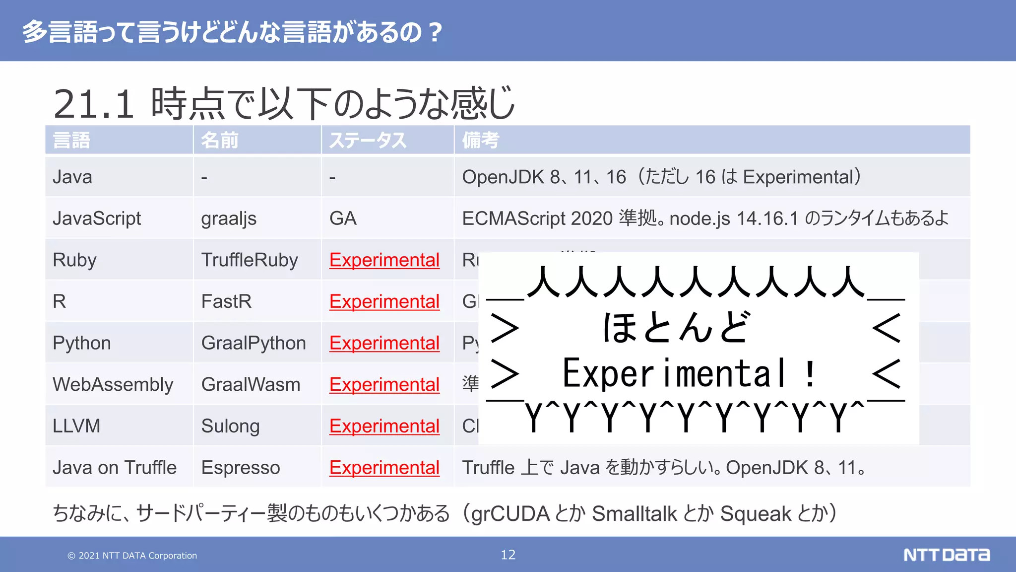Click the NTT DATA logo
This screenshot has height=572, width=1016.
(946, 555)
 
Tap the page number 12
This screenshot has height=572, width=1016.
(508, 555)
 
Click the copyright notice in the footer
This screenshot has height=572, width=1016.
(132, 556)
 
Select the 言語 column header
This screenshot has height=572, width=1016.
(71, 141)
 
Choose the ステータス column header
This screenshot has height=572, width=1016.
(368, 141)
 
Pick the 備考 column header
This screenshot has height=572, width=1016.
(480, 141)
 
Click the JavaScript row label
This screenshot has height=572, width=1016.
(97, 218)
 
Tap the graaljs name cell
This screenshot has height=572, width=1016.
(229, 218)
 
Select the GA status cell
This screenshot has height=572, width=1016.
(343, 218)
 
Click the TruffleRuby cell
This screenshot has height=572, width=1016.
(250, 260)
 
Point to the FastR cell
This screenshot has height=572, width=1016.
(226, 301)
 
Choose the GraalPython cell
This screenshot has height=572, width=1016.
(254, 343)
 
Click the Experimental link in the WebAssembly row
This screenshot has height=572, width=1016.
(384, 385)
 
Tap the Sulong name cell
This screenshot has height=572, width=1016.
(230, 426)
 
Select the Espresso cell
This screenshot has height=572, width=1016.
(241, 468)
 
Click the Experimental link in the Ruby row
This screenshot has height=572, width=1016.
(384, 260)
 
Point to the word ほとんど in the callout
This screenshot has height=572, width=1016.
(676, 328)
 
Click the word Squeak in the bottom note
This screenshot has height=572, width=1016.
(756, 514)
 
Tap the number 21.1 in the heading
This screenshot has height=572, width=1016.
(94, 104)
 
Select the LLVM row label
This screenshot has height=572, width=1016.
(76, 426)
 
